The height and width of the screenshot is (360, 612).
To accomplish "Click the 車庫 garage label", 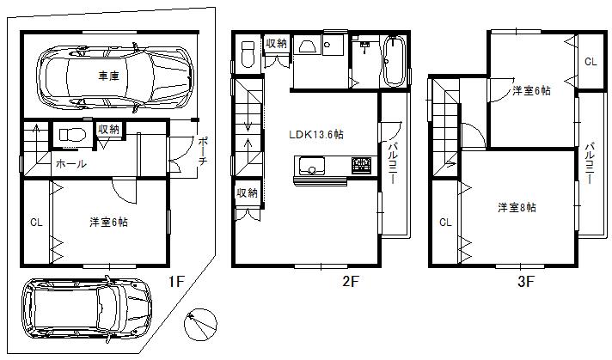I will tap(108, 76).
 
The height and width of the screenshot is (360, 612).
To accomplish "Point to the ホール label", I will tap(70, 163).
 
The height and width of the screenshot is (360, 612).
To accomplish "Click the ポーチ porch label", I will tap(201, 151).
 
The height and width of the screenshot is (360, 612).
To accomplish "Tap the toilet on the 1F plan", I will tap(69, 136).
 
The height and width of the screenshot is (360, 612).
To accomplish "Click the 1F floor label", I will tap(175, 281).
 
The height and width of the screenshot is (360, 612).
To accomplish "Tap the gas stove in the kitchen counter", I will tap(360, 164).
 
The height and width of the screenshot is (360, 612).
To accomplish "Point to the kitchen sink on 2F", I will tap(309, 165).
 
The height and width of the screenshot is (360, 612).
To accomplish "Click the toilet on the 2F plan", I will tap(248, 54).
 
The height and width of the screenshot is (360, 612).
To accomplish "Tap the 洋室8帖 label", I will tap(517, 207).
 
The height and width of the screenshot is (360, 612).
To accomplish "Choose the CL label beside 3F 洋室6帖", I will tap(590, 62).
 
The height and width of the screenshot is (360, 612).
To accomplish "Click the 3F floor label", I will tap(526, 281).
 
